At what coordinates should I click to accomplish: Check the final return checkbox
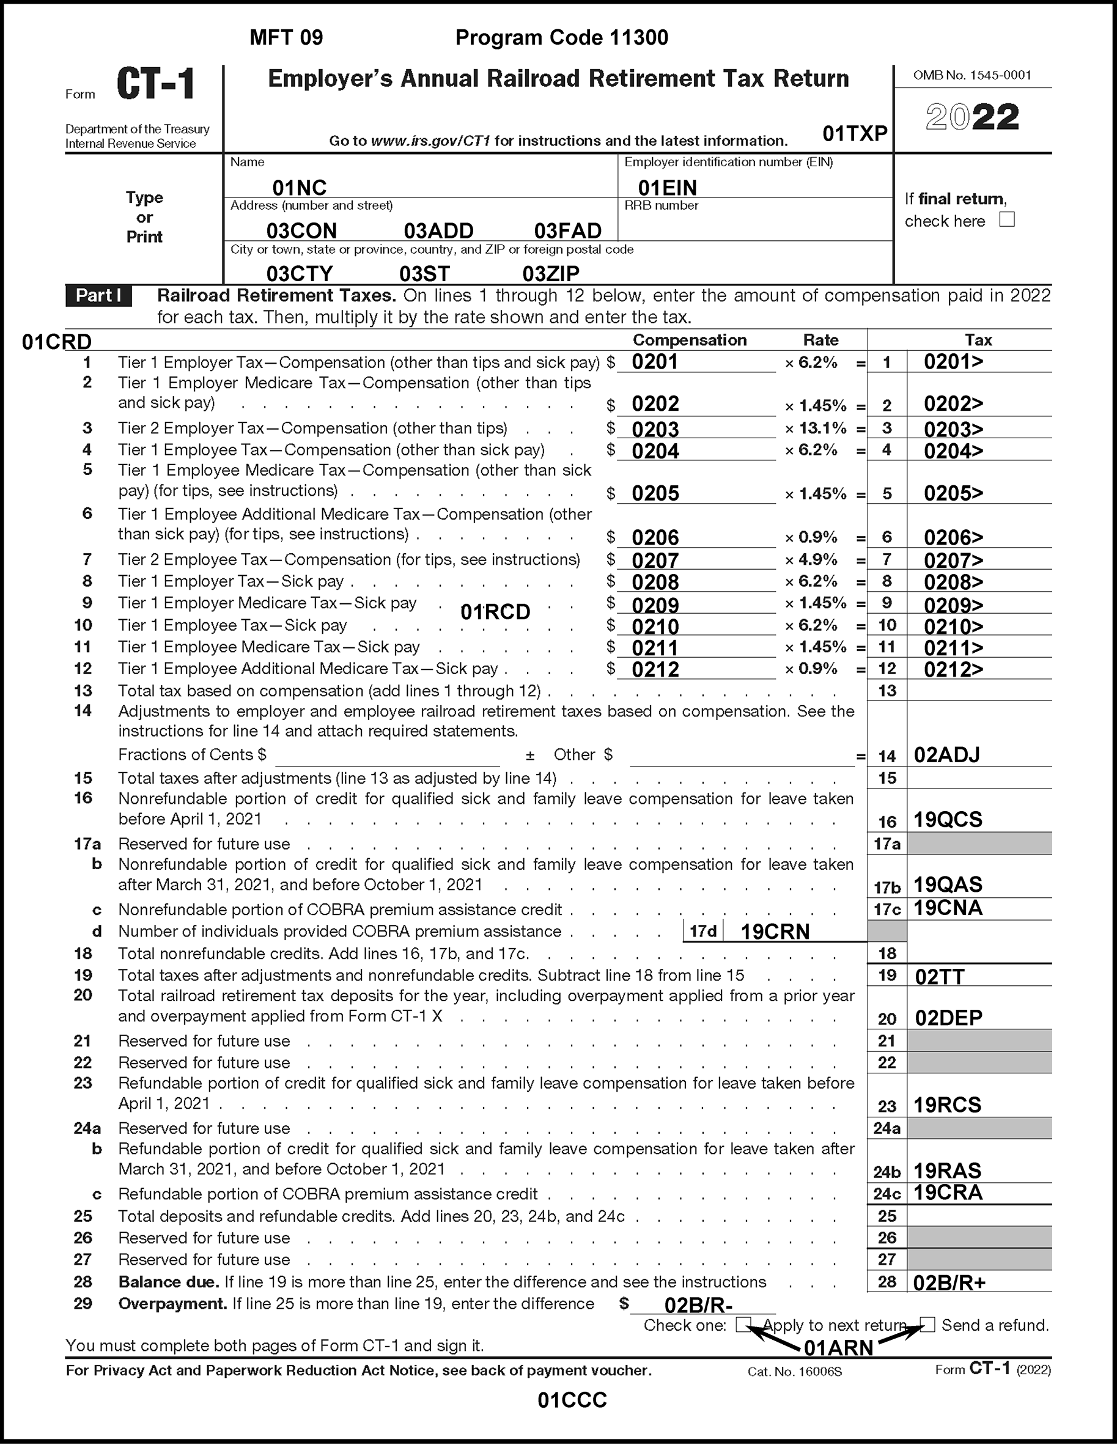pyautogui.click(x=1006, y=220)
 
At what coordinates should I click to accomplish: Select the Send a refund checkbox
pyautogui.click(x=927, y=1324)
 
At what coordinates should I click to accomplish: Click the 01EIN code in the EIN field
pyautogui.click(x=667, y=188)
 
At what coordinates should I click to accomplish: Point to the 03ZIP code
pyautogui.click(x=551, y=273)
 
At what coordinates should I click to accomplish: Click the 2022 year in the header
pyautogui.click(x=972, y=118)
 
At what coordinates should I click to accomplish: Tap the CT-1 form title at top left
pyautogui.click(x=156, y=85)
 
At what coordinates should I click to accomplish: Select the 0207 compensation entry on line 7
pyautogui.click(x=655, y=561)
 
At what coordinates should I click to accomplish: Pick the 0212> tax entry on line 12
pyautogui.click(x=953, y=669)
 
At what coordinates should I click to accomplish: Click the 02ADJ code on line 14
pyautogui.click(x=946, y=755)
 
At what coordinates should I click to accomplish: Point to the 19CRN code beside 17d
pyautogui.click(x=775, y=932)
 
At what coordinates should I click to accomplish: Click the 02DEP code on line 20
pyautogui.click(x=948, y=1018)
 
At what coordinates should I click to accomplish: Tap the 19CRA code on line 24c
pyautogui.click(x=948, y=1193)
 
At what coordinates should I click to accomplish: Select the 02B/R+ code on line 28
pyautogui.click(x=949, y=1283)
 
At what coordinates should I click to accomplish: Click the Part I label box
pyautogui.click(x=98, y=296)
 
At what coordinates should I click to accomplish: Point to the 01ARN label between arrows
pyautogui.click(x=838, y=1348)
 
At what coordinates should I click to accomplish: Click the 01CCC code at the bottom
pyautogui.click(x=572, y=1400)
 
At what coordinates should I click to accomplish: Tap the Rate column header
pyautogui.click(x=820, y=340)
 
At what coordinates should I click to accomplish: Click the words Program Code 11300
pyautogui.click(x=562, y=38)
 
